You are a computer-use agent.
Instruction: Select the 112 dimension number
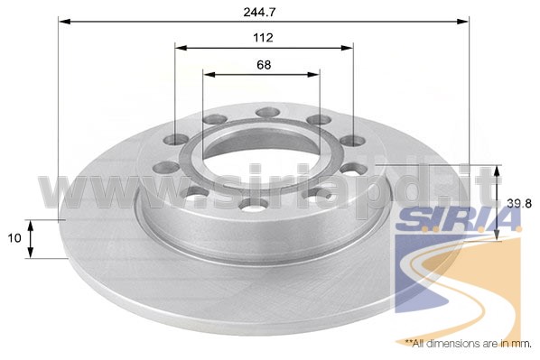pos(263,38)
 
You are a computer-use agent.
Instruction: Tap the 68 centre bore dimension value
pos(264,65)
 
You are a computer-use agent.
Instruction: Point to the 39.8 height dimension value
pos(519,204)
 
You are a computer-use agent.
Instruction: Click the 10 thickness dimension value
pos(14,238)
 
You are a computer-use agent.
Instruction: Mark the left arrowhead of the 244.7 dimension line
pos(65,22)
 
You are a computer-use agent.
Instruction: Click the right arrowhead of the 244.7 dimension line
pos(462,22)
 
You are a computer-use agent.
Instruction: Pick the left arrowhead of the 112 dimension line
pos(181,48)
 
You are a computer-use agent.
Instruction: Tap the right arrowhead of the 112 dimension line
pos(347,48)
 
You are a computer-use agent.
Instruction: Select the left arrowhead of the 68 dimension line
pos(209,74)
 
